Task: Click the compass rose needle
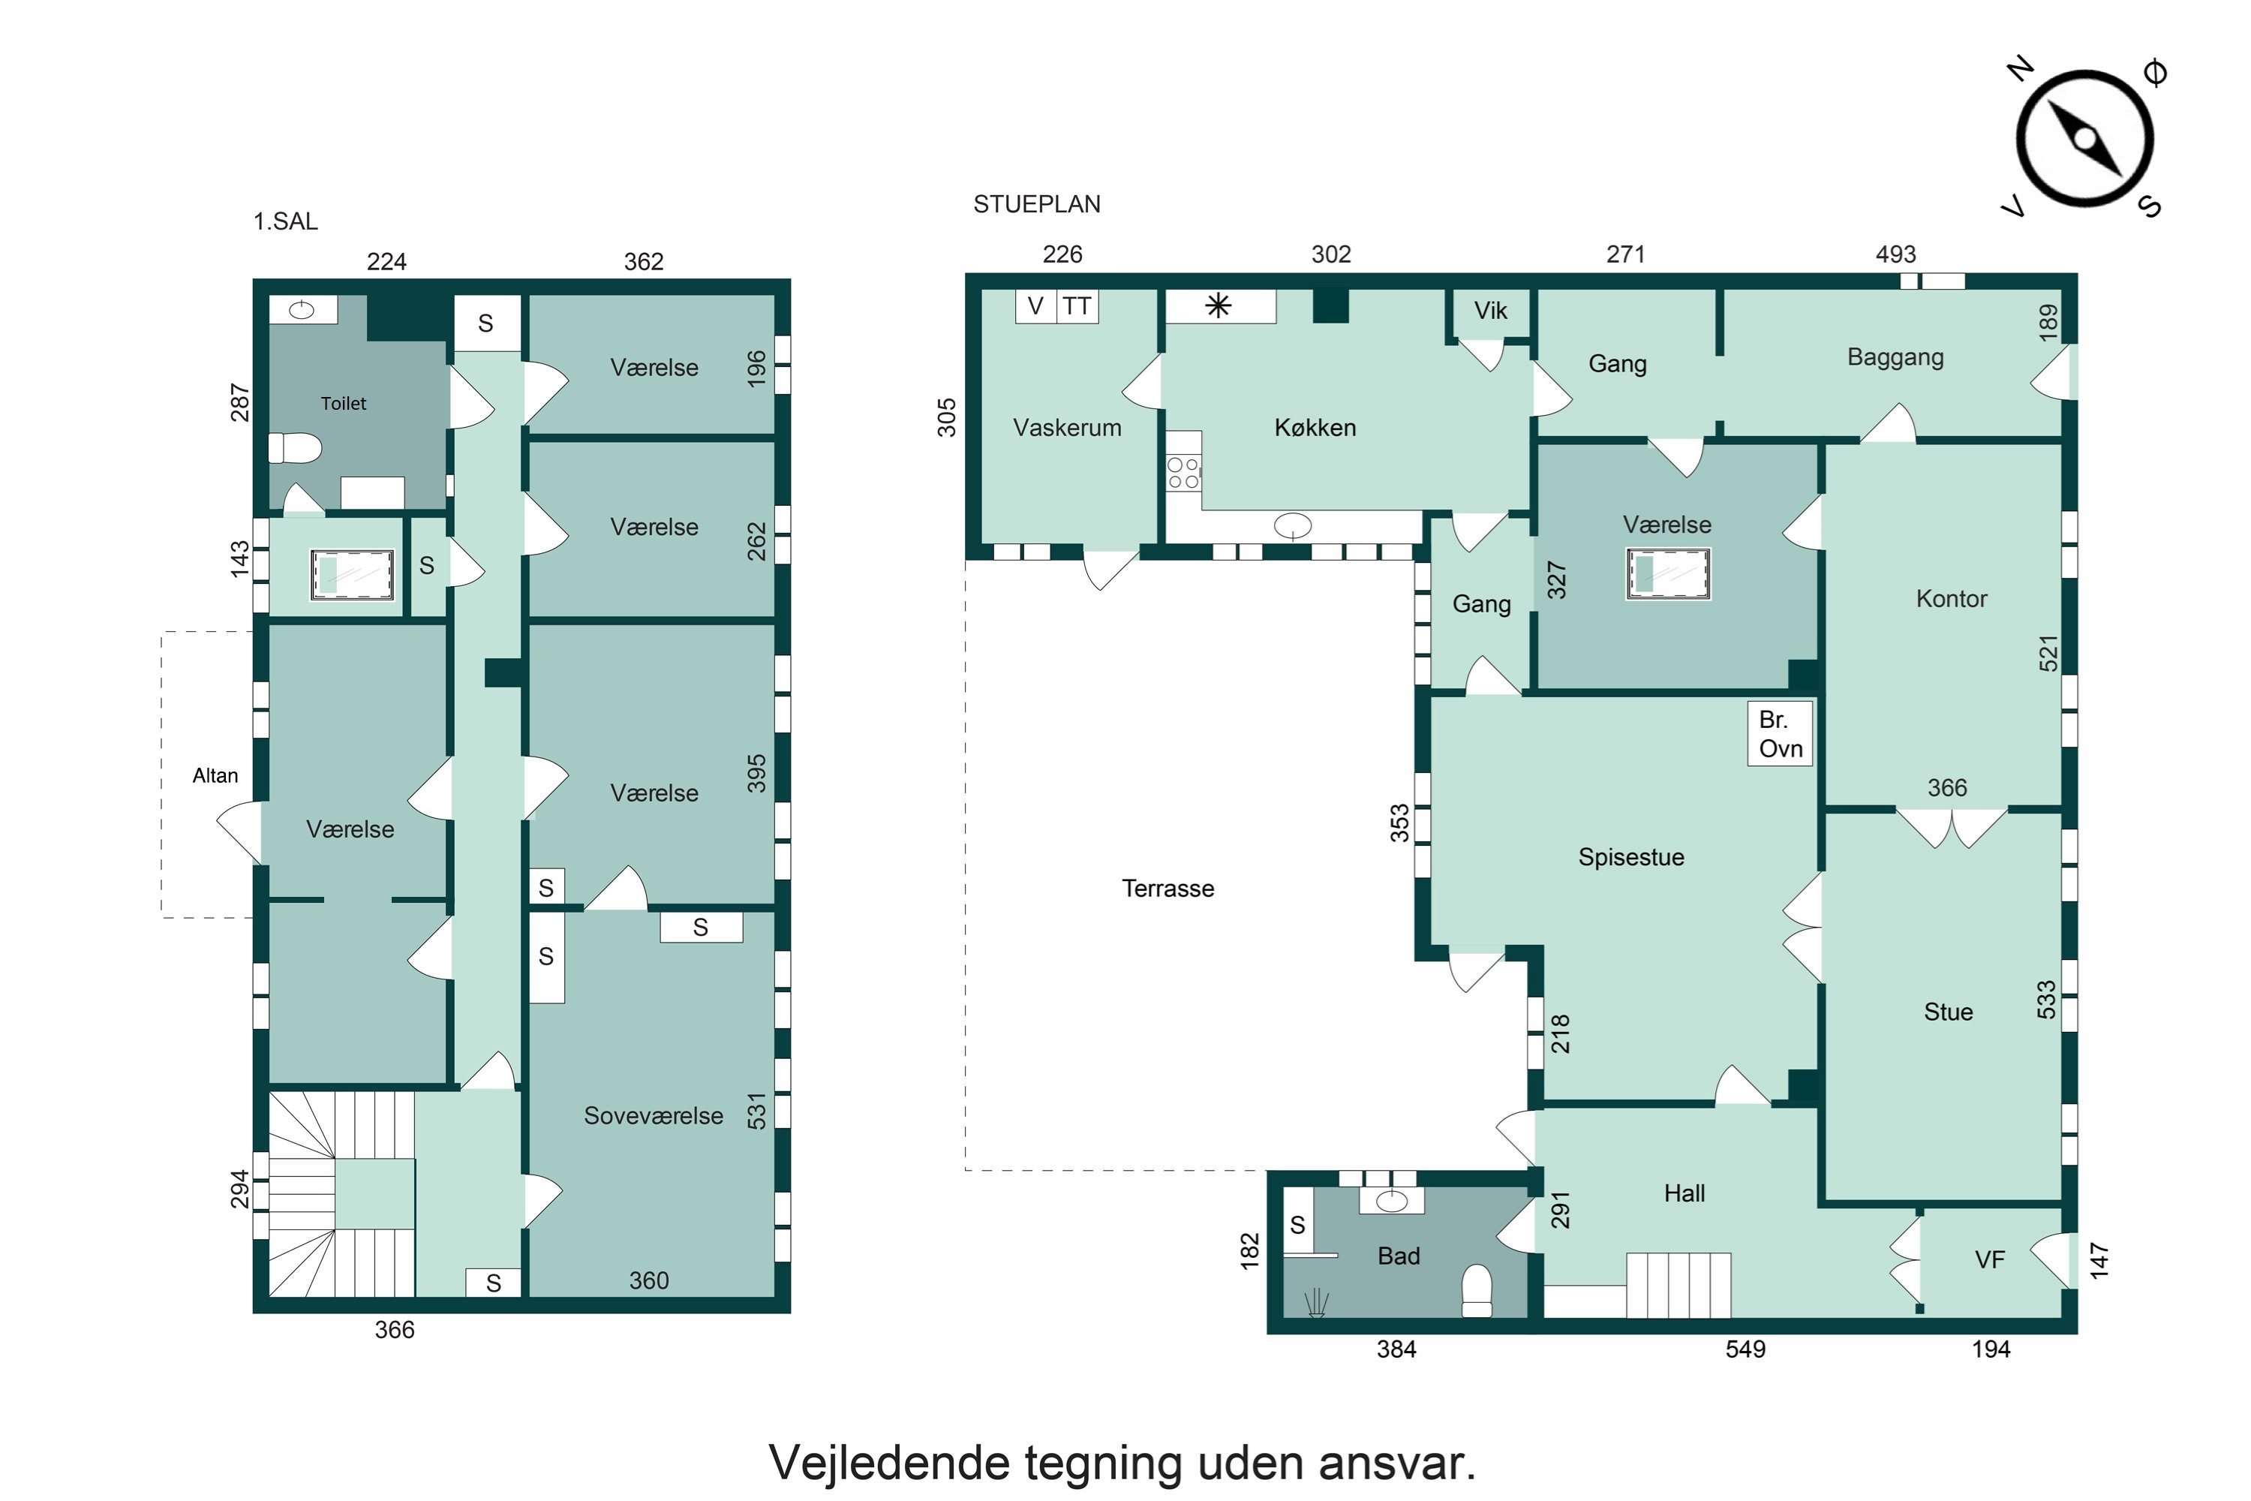pos(2084,139)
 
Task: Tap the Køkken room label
pos(1315,428)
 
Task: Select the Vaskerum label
pos(1067,428)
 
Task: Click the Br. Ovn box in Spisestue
pos(1780,734)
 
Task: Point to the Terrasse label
pos(1168,889)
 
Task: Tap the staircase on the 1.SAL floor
pos(341,1195)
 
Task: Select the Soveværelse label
pos(654,1116)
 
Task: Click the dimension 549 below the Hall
pos(1746,1349)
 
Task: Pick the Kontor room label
pos(1952,599)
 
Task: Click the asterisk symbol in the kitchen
pos(1219,306)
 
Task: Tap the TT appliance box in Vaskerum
pos(1077,306)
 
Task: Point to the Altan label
pos(215,775)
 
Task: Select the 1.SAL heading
pos(285,221)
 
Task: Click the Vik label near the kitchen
pos(1490,311)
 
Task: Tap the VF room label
pos(1990,1260)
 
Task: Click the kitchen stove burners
pos(1183,473)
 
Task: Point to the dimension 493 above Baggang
pos(1896,254)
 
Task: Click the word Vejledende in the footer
pos(889,1463)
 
